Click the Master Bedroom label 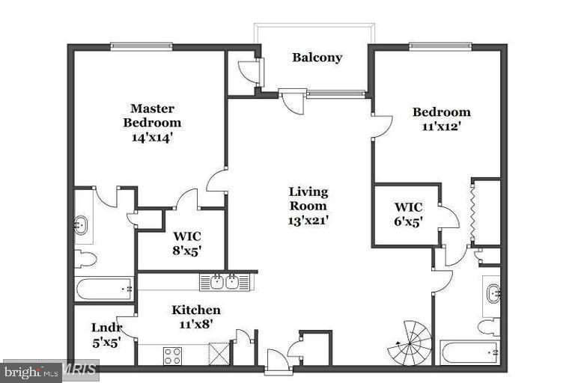(x=152, y=115)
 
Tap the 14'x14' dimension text (x=152, y=137)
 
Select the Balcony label (x=317, y=58)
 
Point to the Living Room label (x=308, y=198)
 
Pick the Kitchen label (x=196, y=310)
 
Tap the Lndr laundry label (x=103, y=327)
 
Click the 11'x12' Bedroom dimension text (x=442, y=126)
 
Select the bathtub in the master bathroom (x=103, y=288)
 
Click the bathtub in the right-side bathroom (x=469, y=350)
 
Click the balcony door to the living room (x=290, y=98)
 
